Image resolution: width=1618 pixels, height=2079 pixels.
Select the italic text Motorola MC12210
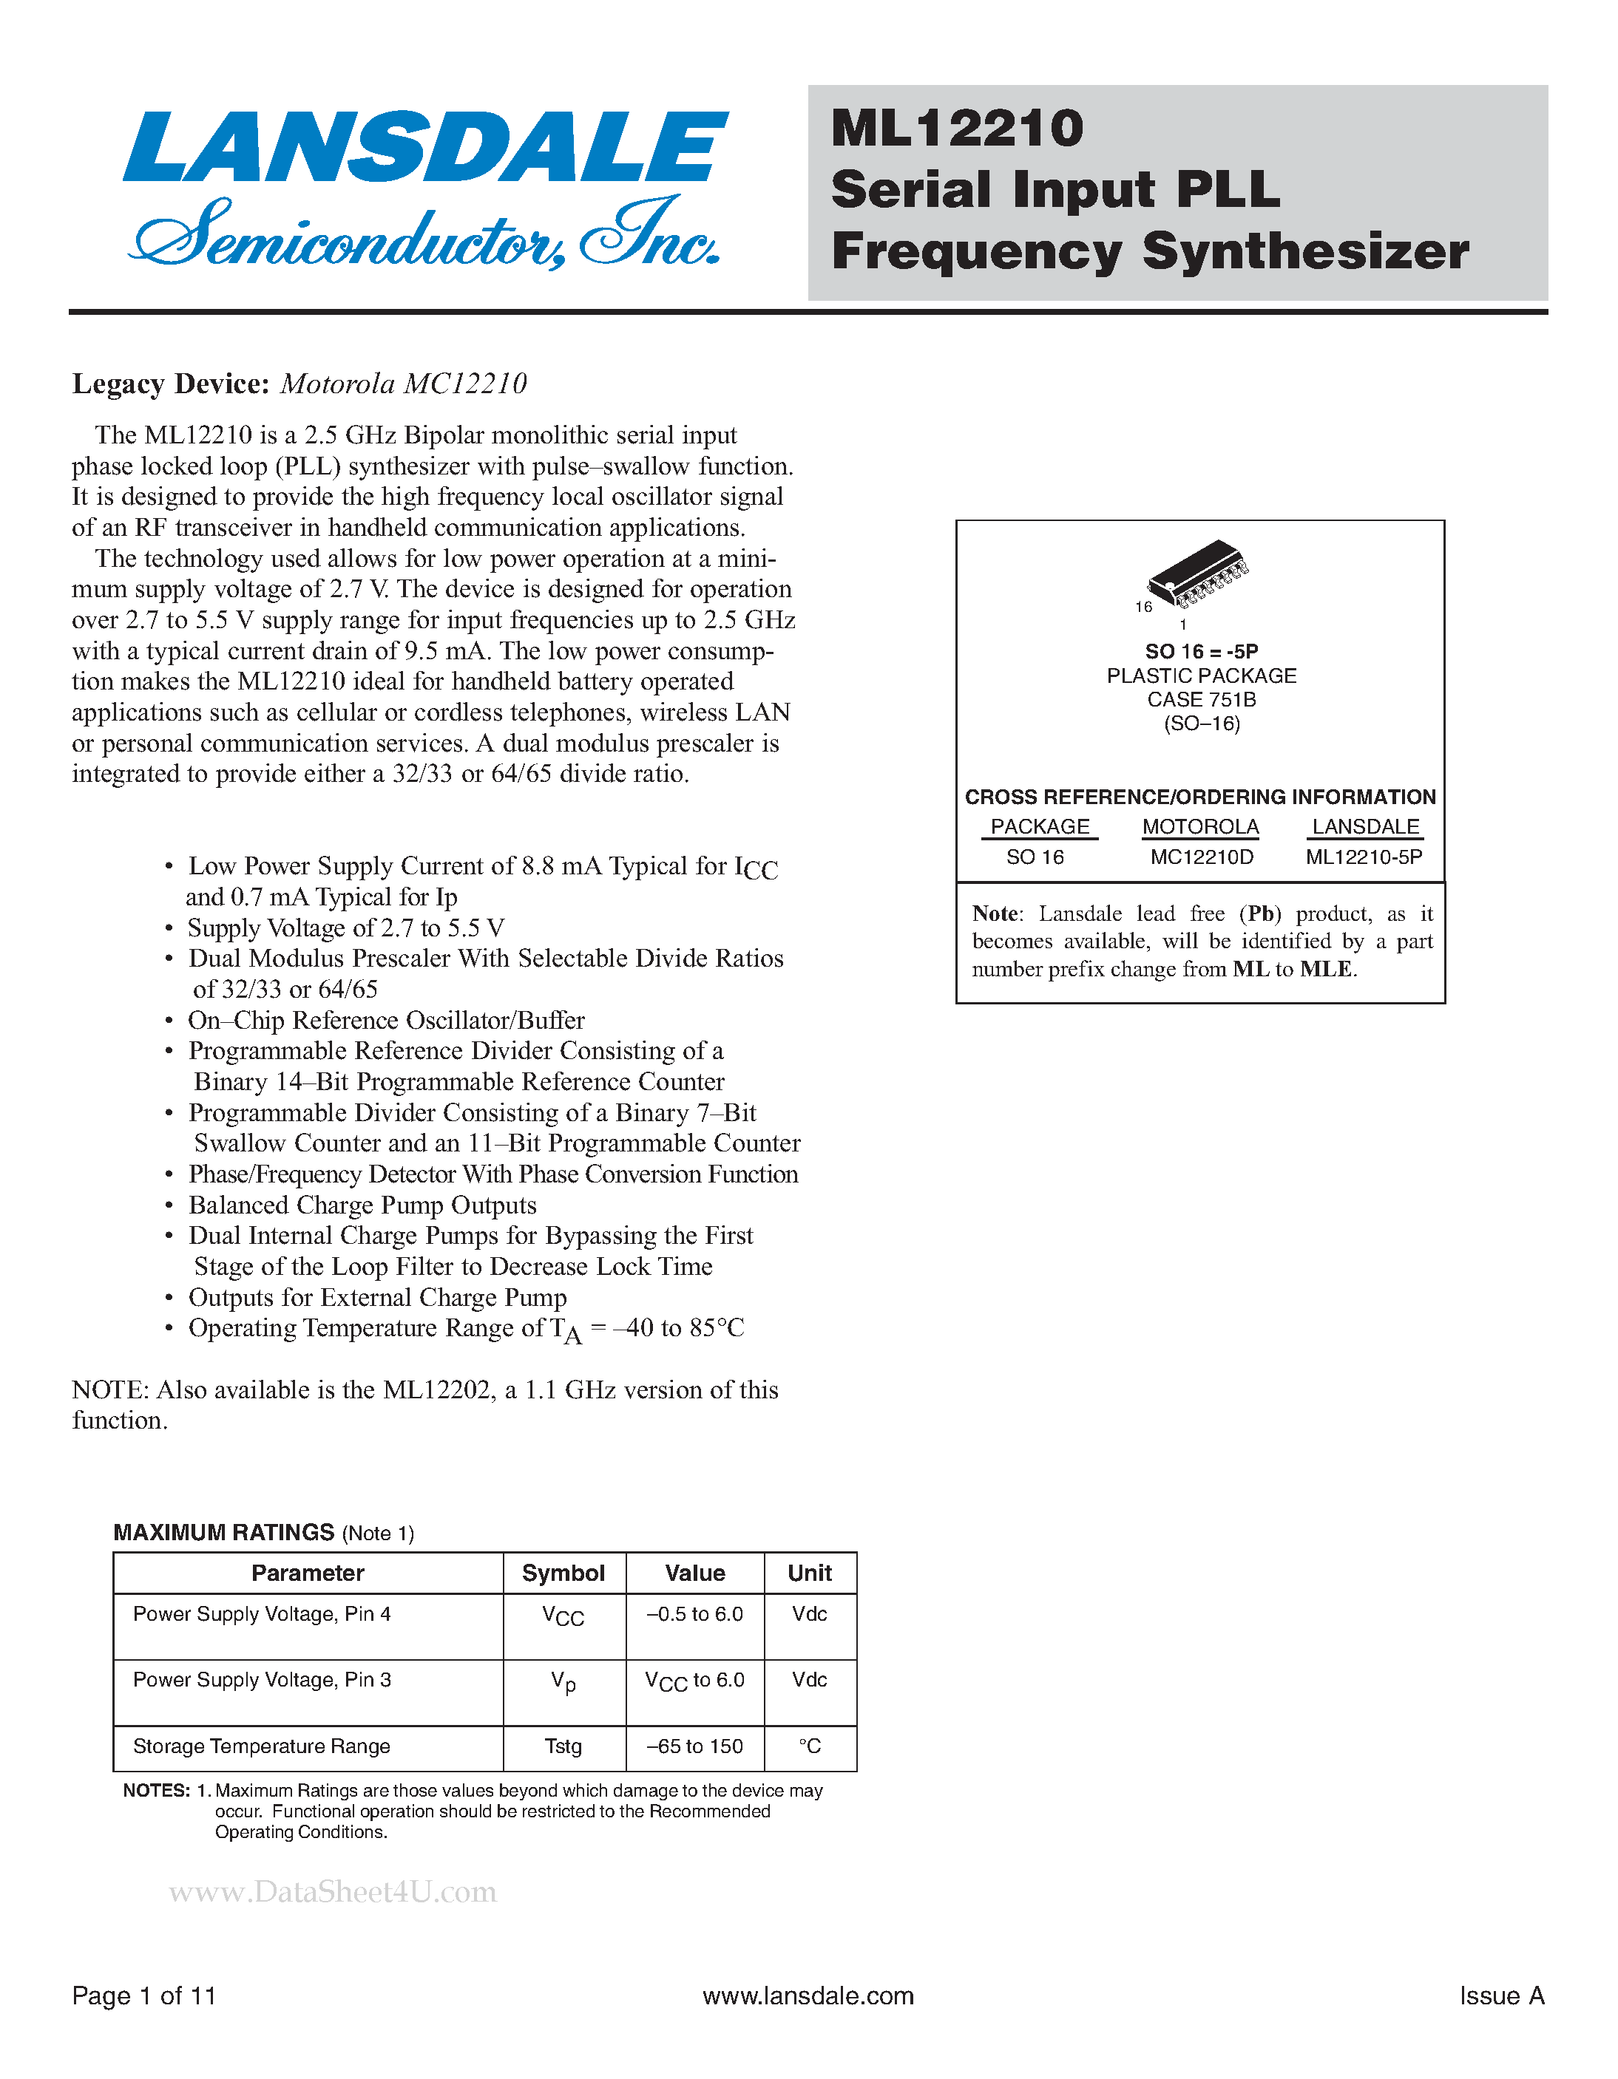[403, 384]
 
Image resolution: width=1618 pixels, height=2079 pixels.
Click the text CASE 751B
[1201, 700]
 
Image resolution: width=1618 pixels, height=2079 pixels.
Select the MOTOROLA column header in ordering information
[1200, 826]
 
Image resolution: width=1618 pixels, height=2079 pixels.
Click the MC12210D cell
[1201, 857]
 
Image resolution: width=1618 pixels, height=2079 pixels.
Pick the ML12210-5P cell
[1364, 857]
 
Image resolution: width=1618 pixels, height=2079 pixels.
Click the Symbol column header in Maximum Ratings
[563, 1573]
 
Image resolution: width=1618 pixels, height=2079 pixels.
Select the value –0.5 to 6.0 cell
[694, 1614]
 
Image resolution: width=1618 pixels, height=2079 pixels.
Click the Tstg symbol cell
[563, 1746]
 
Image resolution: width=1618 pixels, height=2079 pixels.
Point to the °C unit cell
[810, 1746]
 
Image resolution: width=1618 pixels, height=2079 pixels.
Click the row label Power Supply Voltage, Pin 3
[262, 1680]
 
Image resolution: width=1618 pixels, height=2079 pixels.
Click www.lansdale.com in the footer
[808, 1996]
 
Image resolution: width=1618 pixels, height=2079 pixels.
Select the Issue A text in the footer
[1501, 1996]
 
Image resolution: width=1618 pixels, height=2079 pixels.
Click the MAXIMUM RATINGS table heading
[224, 1533]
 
